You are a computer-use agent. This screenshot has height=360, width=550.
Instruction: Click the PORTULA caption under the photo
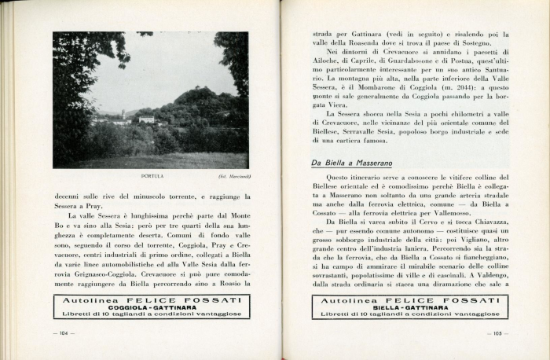coord(152,176)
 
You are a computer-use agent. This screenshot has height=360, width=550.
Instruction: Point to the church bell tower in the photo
coord(123,115)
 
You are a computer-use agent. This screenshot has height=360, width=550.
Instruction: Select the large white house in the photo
coord(147,119)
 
